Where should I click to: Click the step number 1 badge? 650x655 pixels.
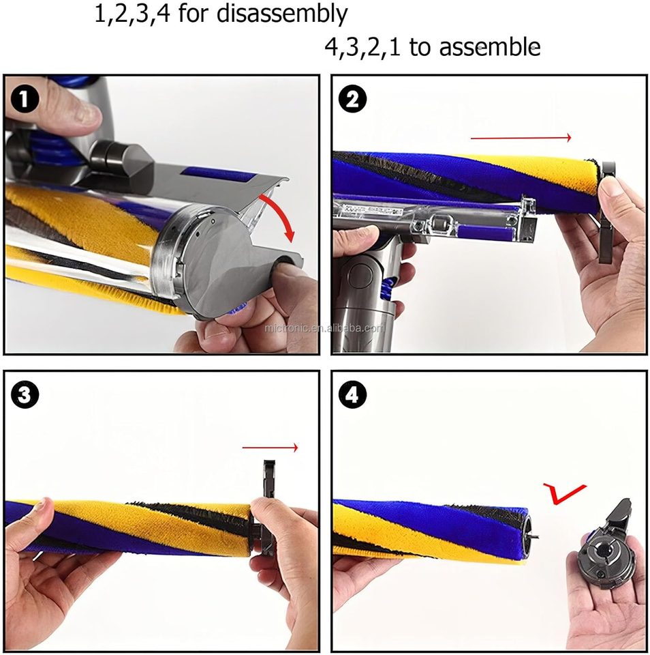pyautogui.click(x=25, y=100)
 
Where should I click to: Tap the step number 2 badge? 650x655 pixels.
pyautogui.click(x=352, y=100)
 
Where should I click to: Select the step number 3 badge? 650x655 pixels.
pyautogui.click(x=25, y=394)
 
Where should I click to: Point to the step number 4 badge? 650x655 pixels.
pyautogui.click(x=352, y=394)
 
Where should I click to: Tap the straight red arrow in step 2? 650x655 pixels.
pyautogui.click(x=521, y=137)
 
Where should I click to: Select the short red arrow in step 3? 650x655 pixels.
pyautogui.click(x=270, y=448)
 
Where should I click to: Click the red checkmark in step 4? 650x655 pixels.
pyautogui.click(x=563, y=494)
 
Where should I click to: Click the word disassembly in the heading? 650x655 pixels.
pyautogui.click(x=282, y=14)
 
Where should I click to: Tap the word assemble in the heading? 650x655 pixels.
pyautogui.click(x=490, y=46)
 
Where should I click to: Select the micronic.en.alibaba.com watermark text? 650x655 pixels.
pyautogui.click(x=324, y=328)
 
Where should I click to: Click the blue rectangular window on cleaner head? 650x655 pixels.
pyautogui.click(x=217, y=174)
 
